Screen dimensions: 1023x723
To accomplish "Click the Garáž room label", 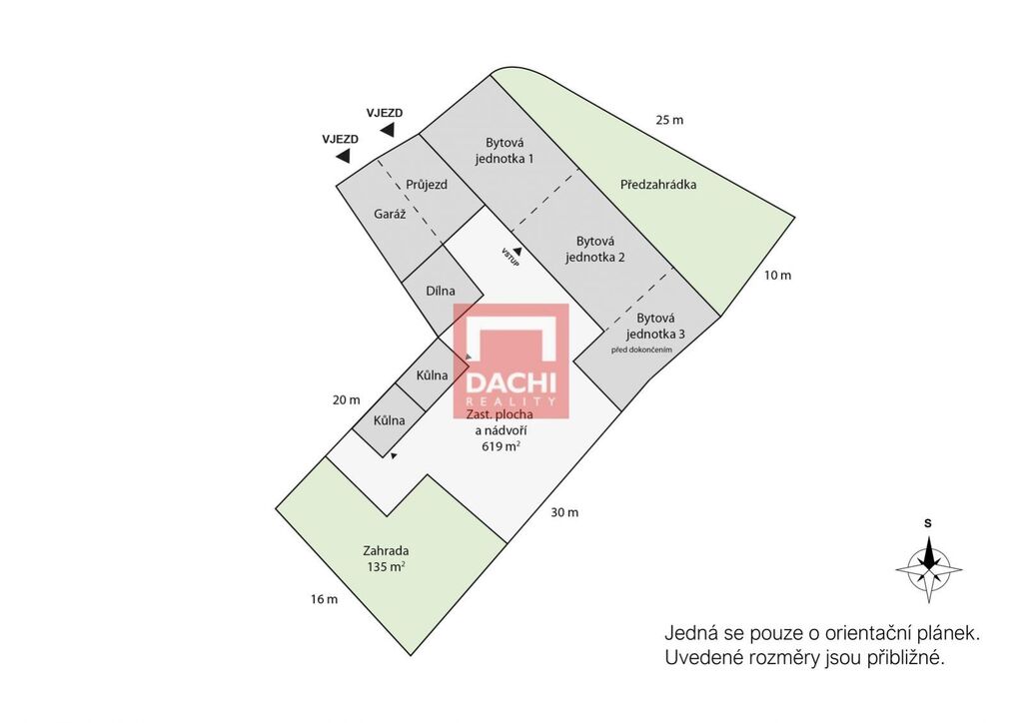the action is coord(390,215).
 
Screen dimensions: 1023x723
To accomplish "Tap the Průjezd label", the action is coord(427,185).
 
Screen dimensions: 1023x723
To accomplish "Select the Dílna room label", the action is coord(441,291).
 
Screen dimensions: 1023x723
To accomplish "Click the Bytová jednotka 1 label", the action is coord(505,151).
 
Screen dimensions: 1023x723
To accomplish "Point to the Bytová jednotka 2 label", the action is coord(595,249).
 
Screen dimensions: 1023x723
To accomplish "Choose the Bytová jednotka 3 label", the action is coord(655,326).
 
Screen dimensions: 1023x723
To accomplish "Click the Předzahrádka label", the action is coord(658,185).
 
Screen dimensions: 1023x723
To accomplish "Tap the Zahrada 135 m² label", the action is coord(387,558).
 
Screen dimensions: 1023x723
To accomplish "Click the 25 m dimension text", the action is coord(669,120).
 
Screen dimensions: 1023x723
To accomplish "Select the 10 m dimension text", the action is coord(777,275).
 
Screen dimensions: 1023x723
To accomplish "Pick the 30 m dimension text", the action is coord(564,512).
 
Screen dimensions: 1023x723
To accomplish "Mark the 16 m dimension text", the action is coord(325,599).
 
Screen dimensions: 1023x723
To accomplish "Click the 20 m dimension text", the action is coord(346,400).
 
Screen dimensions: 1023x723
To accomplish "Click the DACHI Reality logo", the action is coord(511,361).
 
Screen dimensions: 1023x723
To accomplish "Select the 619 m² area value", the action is coord(502,446).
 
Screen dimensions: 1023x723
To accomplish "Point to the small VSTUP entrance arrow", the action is coord(517,251).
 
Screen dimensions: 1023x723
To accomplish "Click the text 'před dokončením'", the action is coord(641,351).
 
